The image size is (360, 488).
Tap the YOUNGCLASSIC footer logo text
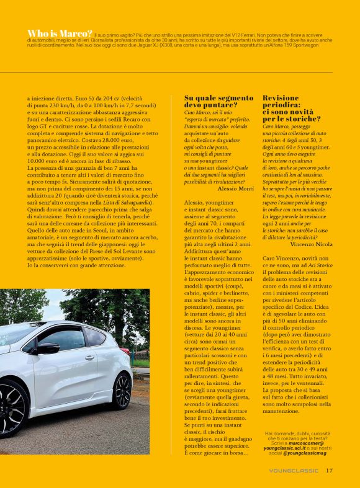(x=294, y=471)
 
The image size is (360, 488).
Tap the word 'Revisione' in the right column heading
(x=281, y=98)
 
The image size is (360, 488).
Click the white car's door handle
(x=89, y=358)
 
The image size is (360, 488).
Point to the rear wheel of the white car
(x=122, y=391)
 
